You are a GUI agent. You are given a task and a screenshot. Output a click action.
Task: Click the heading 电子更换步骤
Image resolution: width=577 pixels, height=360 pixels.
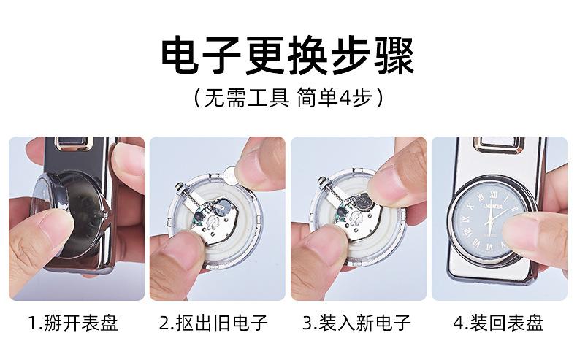tap(288, 55)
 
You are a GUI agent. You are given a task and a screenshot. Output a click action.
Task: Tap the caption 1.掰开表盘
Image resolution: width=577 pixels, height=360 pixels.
tap(73, 323)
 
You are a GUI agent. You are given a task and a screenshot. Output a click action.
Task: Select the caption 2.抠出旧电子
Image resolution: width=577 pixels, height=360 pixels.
tap(213, 323)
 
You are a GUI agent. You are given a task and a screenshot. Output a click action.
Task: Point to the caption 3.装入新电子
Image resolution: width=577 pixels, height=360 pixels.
tap(356, 323)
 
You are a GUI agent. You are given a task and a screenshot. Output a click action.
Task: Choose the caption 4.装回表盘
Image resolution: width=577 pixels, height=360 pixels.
tap(498, 323)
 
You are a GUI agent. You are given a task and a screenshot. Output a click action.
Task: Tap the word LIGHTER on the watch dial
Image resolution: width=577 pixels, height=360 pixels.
tap(492, 207)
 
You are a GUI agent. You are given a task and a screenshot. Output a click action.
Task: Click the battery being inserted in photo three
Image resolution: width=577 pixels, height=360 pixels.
tap(363, 202)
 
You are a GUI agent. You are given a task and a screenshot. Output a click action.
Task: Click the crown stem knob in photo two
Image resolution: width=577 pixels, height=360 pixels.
tap(180, 186)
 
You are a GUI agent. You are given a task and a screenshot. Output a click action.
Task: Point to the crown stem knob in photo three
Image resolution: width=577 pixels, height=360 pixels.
tap(322, 181)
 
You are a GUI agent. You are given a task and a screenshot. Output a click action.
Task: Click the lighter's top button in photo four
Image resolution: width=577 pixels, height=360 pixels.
tap(499, 145)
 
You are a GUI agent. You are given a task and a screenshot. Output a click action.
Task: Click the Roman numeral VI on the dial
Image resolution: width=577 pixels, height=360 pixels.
tap(489, 248)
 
